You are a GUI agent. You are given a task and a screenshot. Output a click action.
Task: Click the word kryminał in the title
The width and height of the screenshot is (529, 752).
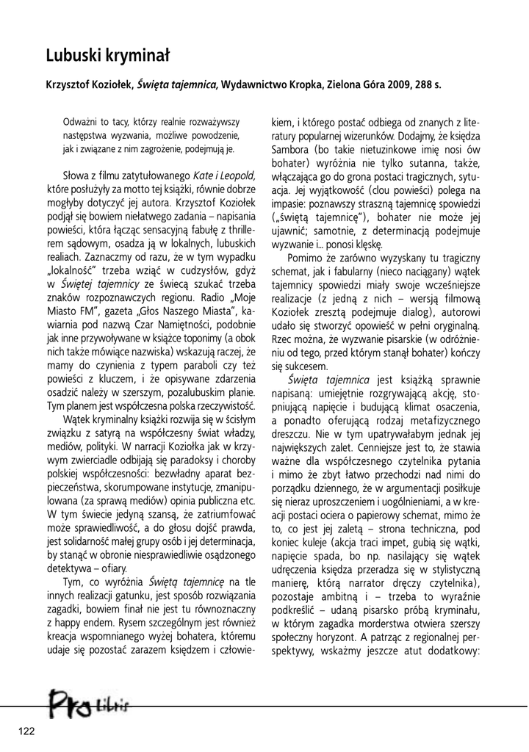pos(140,55)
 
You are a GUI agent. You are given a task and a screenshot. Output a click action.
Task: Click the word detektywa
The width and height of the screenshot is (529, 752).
pos(70,549)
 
